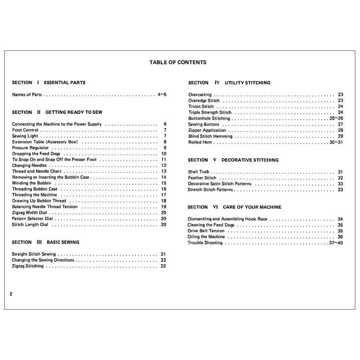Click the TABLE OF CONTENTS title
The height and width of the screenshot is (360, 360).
(x=178, y=62)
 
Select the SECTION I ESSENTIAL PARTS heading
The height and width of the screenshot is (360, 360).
(x=48, y=83)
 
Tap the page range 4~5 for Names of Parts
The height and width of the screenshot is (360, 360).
(x=162, y=95)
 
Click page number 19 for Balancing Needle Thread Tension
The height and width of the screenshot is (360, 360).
(x=164, y=207)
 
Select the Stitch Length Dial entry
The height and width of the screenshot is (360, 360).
(x=30, y=224)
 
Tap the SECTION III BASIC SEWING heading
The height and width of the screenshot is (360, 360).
(x=46, y=242)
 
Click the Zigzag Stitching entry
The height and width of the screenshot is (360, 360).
(x=28, y=266)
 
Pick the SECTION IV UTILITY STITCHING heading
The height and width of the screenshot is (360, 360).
(x=229, y=83)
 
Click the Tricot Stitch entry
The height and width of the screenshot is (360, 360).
(x=201, y=107)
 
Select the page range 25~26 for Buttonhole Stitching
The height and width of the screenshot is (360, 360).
(x=336, y=118)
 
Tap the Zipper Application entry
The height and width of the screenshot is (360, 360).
(x=207, y=130)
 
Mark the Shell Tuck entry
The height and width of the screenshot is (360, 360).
(x=199, y=172)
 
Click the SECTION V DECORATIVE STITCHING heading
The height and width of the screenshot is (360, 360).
(x=233, y=160)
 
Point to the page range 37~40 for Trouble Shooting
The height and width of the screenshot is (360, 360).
(x=336, y=243)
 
